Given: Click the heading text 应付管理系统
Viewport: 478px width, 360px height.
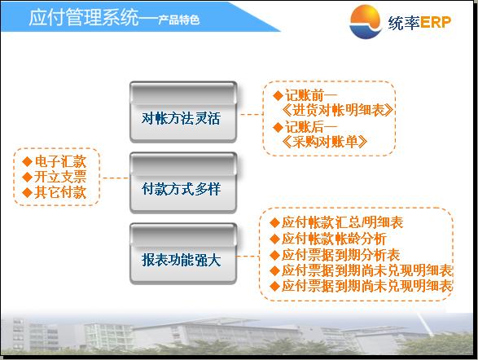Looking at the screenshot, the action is tap(84, 17).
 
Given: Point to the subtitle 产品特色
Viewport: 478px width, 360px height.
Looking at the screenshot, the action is tap(178, 20).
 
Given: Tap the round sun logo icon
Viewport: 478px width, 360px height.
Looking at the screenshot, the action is tap(366, 21).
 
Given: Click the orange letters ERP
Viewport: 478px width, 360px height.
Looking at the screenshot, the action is tap(436, 22).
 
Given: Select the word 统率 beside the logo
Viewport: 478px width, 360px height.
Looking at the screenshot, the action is tap(404, 22).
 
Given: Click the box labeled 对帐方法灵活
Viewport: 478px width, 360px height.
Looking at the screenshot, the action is tap(183, 112).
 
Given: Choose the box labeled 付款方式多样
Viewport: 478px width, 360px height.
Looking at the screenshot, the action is tap(183, 183).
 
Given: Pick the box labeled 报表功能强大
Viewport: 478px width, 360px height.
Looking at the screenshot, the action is tap(183, 254).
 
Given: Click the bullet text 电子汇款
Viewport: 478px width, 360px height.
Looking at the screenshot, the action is tap(60, 161).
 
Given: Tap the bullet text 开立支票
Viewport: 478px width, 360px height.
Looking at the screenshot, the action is tap(60, 177).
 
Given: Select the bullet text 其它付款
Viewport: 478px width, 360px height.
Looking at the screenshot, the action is tap(60, 192).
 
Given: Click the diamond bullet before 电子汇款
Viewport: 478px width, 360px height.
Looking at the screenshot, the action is tap(28, 161).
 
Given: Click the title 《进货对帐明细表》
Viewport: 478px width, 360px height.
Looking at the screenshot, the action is tap(337, 110).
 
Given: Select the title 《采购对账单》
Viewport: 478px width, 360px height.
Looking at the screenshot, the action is tap(324, 142).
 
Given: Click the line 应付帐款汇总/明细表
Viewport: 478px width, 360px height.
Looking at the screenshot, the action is tap(342, 222).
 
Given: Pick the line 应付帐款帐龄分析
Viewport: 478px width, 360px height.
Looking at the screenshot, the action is tap(334, 239).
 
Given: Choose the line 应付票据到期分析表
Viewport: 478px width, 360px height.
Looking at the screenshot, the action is tap(340, 255).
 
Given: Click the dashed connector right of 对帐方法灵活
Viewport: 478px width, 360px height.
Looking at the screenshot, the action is tap(252, 115).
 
